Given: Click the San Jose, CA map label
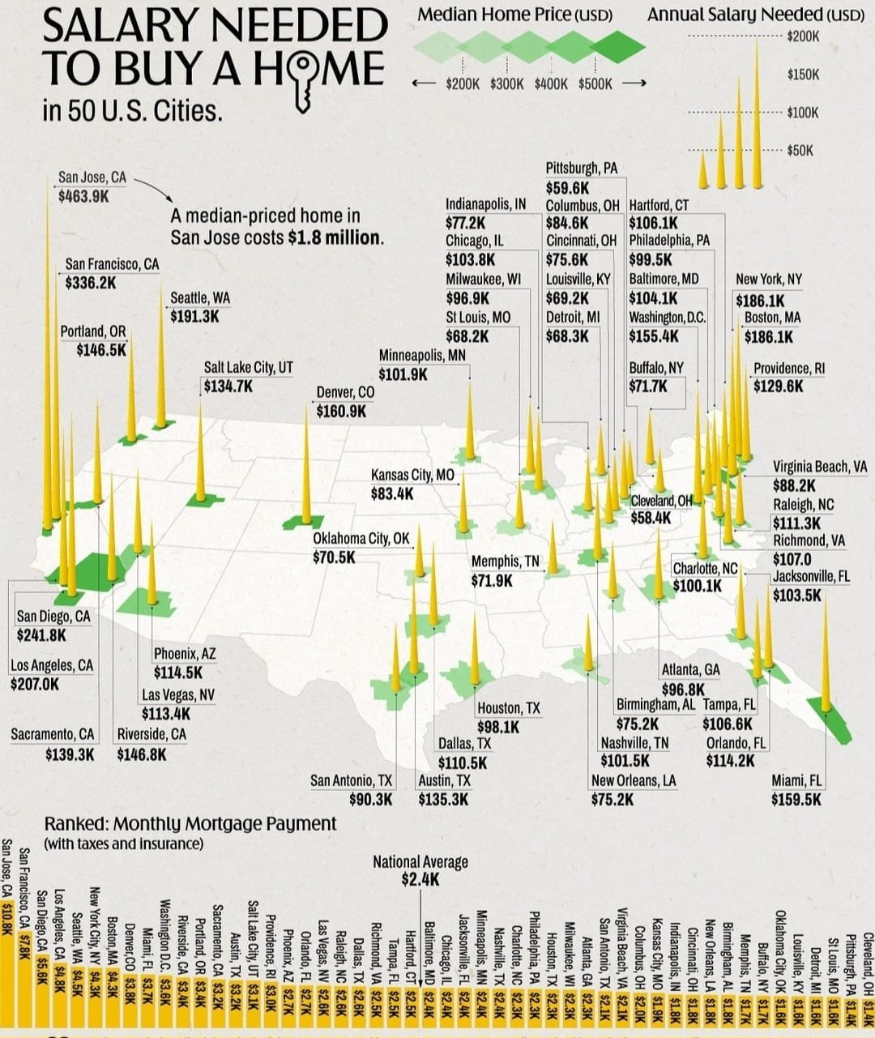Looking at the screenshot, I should pos(92,177).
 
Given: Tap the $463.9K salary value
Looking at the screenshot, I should pos(83,196).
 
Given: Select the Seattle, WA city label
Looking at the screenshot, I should pos(200,298).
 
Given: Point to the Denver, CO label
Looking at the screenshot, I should pos(345,392).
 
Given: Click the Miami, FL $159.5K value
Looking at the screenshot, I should pos(796,800).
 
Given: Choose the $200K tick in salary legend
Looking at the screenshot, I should pos(804,36).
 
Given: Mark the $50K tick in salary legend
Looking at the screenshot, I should pos(803,151).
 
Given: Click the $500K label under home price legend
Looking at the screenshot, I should pos(595,83).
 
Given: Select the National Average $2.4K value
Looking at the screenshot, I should pos(420,880).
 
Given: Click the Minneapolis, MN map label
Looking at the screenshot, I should pos(422,355).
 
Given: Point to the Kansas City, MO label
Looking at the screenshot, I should pos(412,475).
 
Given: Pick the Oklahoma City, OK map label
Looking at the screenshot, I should pos(361,538).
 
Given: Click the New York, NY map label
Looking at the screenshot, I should pos(768,280).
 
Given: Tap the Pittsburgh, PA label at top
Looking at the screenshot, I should pos(581,169).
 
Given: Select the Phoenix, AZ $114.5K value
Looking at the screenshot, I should pos(177,673).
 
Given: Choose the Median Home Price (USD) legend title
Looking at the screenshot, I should pos(514,15).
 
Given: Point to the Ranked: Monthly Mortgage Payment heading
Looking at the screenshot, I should pos(190,824).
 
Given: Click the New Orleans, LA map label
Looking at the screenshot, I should pos(634,780).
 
